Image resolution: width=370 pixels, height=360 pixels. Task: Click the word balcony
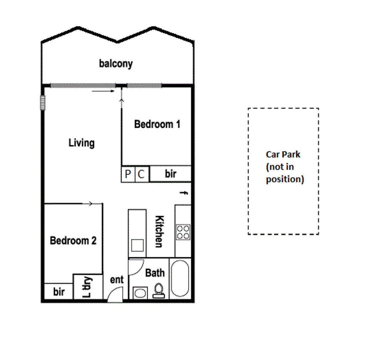(x=116, y=63)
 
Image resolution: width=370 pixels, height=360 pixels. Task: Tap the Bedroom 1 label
(x=157, y=124)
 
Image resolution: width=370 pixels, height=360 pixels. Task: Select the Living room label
(x=82, y=143)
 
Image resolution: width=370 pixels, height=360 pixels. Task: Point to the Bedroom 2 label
(x=73, y=240)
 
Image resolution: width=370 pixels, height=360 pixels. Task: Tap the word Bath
(x=155, y=273)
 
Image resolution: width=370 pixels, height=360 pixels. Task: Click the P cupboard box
(x=128, y=174)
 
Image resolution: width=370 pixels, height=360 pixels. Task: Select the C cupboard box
(x=142, y=174)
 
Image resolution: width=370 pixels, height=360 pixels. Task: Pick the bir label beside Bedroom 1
(x=171, y=174)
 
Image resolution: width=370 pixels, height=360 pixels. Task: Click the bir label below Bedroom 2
(x=59, y=292)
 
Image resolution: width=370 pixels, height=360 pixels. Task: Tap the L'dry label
(x=87, y=287)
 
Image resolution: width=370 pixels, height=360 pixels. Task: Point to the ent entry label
(x=117, y=280)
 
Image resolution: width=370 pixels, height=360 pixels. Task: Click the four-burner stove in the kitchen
(x=183, y=232)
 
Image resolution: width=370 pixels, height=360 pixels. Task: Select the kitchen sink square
(x=137, y=245)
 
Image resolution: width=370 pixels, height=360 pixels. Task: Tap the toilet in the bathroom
(x=158, y=290)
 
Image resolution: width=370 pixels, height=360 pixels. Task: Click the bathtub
(x=180, y=279)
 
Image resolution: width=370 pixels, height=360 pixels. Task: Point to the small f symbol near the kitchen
(x=183, y=193)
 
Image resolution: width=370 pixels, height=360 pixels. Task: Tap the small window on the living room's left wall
(x=43, y=102)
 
